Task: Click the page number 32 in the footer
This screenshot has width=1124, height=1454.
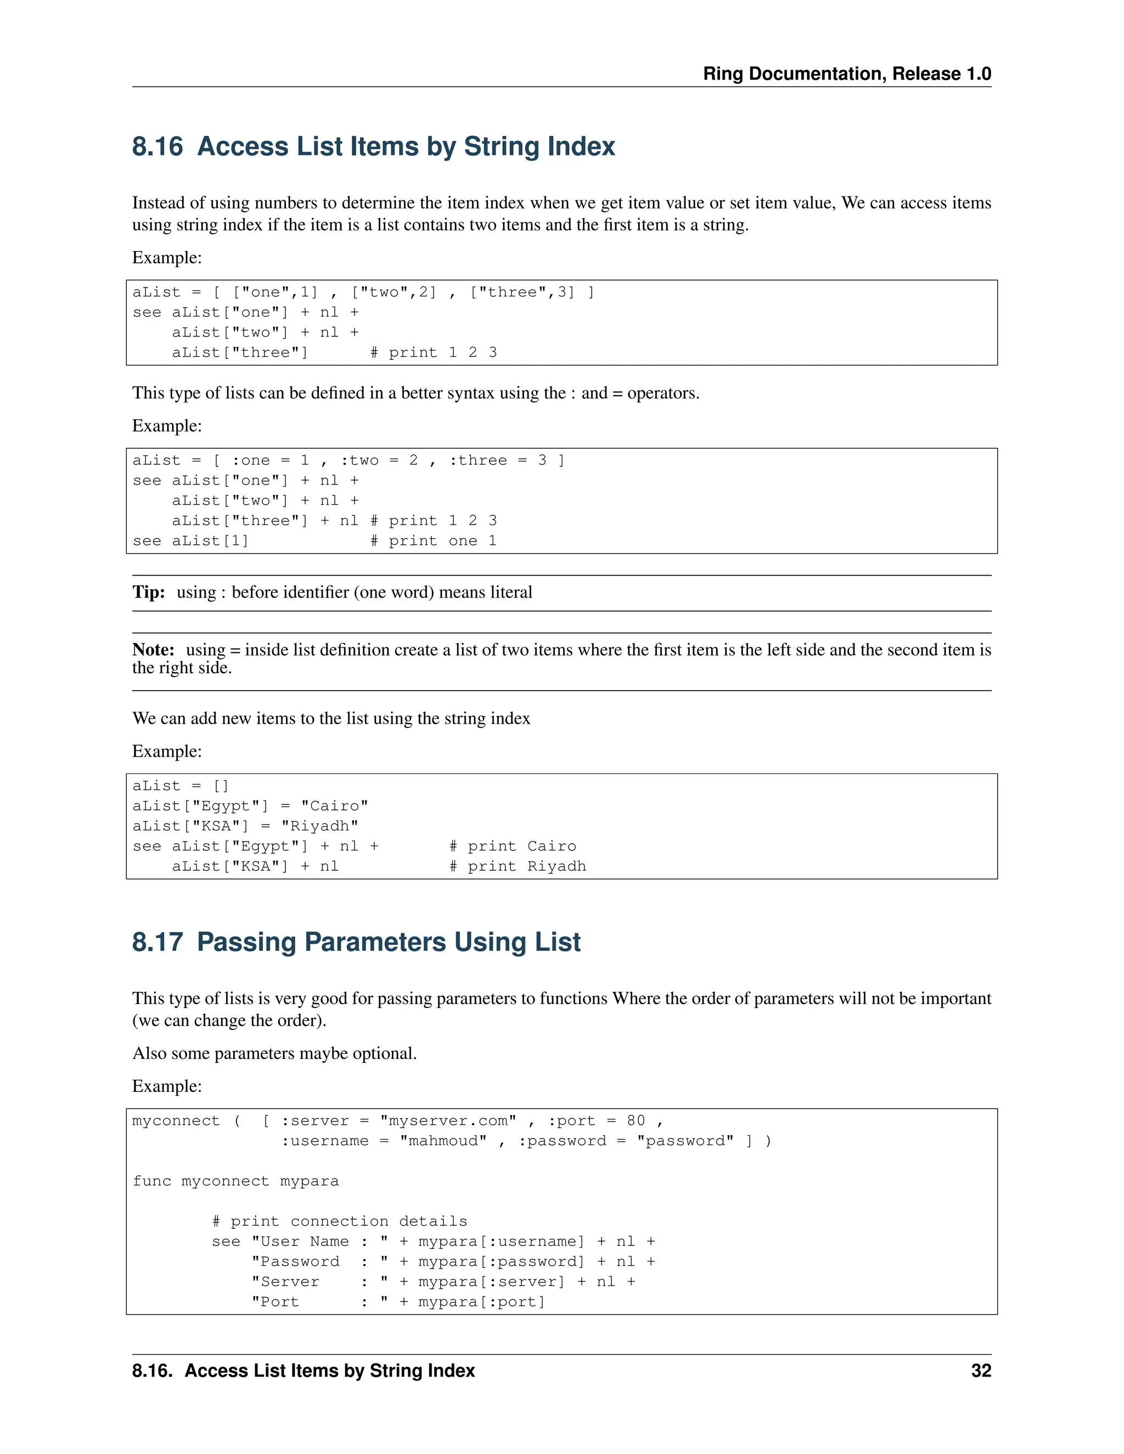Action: (x=980, y=1371)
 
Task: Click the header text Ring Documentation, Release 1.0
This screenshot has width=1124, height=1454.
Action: (x=846, y=74)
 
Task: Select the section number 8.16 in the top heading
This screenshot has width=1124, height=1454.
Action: (x=157, y=146)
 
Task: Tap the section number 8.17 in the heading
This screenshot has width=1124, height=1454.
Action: (x=157, y=942)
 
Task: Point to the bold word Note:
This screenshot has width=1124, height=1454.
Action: (x=153, y=650)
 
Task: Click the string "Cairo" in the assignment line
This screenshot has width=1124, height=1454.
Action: (x=334, y=806)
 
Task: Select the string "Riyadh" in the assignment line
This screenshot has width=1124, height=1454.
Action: (x=319, y=826)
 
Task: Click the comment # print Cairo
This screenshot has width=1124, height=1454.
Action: (x=513, y=846)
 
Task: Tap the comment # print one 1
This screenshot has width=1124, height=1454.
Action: (x=434, y=540)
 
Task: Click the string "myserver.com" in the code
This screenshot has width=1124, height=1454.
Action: (x=448, y=1121)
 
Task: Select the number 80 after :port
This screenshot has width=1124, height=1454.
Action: (x=636, y=1121)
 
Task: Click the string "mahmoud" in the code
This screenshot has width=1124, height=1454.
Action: (x=443, y=1141)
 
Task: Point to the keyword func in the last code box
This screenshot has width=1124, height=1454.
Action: (x=152, y=1181)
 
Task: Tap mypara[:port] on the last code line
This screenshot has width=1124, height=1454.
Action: (x=481, y=1301)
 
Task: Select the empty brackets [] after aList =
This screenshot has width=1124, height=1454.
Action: (x=221, y=786)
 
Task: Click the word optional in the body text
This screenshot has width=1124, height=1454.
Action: (x=387, y=1053)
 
